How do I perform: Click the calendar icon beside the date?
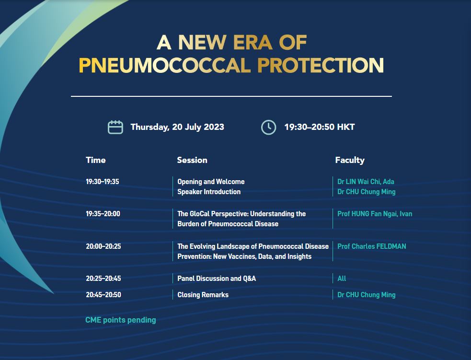[115, 127]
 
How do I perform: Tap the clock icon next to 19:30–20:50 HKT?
[268, 127]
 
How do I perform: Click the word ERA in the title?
[253, 42]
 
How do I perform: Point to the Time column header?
[95, 160]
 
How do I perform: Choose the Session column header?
[192, 160]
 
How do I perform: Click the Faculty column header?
[350, 160]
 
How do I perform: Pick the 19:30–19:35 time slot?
[103, 182]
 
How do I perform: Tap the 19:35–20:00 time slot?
[103, 214]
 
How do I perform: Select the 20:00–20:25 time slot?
[103, 246]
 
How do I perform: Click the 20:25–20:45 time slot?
[103, 278]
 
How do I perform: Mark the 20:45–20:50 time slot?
[103, 294]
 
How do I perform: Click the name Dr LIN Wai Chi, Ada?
[366, 182]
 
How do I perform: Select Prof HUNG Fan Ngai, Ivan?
[375, 214]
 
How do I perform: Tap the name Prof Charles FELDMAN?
[371, 246]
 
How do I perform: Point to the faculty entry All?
[342, 278]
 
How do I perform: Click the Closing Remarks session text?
[203, 294]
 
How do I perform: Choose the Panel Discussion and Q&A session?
[217, 278]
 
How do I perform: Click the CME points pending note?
[120, 320]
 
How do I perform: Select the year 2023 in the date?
[214, 127]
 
